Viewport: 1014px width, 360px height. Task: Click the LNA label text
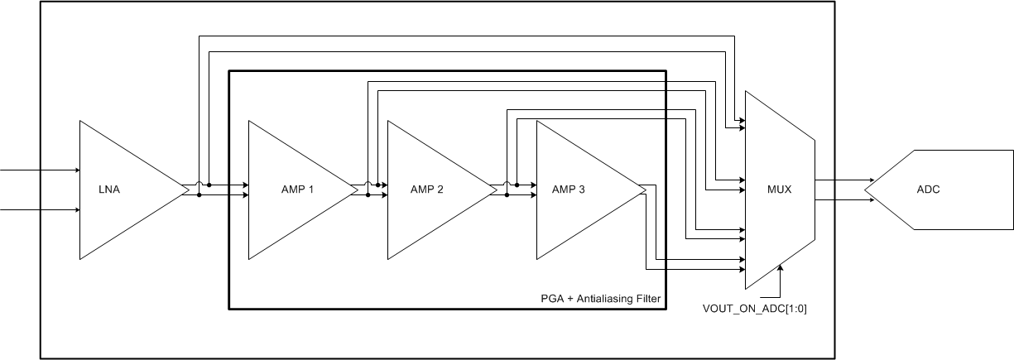click(108, 190)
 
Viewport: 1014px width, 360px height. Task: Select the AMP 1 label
click(297, 190)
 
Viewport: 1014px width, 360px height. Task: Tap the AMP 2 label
click(427, 190)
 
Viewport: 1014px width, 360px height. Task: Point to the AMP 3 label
click(569, 190)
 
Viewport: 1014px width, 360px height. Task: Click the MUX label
click(780, 190)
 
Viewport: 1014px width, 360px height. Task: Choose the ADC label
click(928, 190)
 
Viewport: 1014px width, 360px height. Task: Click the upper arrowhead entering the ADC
click(870, 180)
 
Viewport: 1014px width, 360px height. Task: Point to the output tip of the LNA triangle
click(189, 190)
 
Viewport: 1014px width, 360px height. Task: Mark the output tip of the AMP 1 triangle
click(358, 190)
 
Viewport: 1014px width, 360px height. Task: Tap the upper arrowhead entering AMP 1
click(246, 185)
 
